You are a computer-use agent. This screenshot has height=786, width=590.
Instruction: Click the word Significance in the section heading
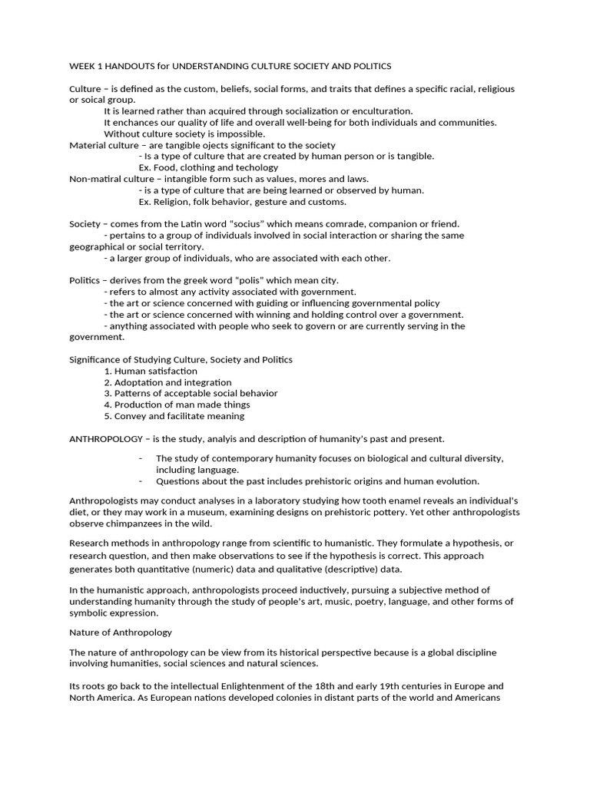[95, 359]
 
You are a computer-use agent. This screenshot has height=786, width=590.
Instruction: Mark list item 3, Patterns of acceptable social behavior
[191, 393]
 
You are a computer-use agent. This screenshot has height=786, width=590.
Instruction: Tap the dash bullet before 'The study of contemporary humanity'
[141, 458]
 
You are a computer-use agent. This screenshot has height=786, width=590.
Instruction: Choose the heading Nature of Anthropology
[121, 632]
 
